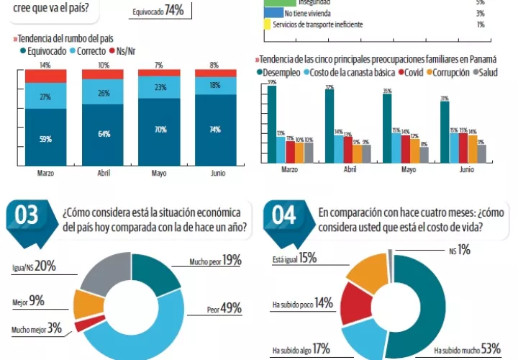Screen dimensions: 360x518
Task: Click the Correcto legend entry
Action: coord(89,51)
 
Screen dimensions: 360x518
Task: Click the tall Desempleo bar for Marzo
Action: coord(272,122)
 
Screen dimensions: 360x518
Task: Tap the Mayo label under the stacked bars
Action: coord(158,174)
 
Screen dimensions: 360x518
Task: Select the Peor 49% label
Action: coord(224,309)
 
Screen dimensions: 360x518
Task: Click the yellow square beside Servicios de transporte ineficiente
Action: coord(268,24)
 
